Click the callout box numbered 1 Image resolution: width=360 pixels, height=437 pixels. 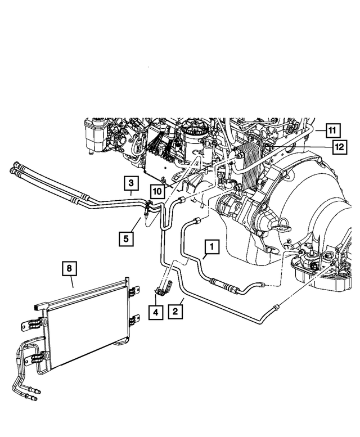(211, 246)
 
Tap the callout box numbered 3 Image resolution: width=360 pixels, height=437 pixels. (130, 183)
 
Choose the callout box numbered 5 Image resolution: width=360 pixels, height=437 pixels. (126, 238)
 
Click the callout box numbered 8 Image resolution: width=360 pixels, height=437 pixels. (69, 269)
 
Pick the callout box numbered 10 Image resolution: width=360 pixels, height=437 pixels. (156, 191)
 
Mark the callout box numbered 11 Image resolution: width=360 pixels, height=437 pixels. (332, 130)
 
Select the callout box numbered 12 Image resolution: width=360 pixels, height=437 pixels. (338, 147)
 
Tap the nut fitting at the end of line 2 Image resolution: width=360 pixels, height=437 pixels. (276, 305)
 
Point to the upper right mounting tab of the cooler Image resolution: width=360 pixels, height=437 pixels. (133, 291)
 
